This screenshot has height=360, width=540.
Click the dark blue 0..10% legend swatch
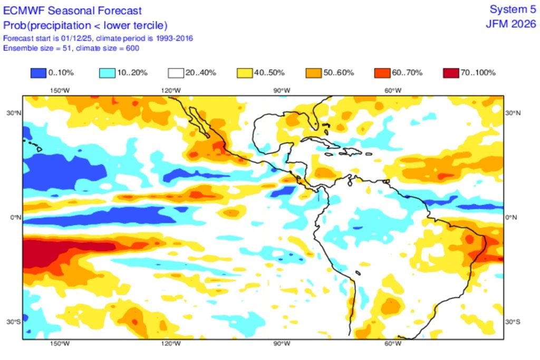[38, 73]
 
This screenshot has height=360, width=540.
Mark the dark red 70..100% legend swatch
[450, 73]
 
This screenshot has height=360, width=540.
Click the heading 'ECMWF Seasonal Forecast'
[73, 10]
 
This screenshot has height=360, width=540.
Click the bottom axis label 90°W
[281, 344]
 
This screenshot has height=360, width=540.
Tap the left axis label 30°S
[14, 322]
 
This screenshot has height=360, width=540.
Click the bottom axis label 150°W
[60, 344]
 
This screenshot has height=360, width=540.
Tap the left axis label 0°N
[15, 217]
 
